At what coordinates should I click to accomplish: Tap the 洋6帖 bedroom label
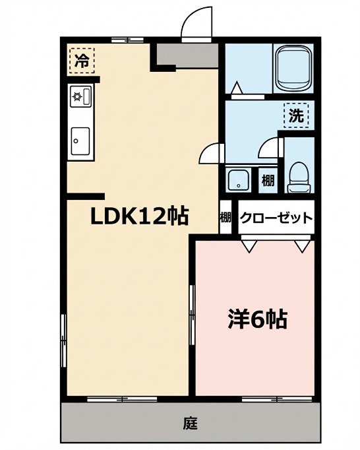tap(257, 319)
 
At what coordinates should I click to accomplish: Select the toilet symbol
tap(298, 176)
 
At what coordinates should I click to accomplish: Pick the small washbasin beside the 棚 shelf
tap(237, 179)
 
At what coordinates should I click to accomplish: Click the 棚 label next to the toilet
tap(267, 179)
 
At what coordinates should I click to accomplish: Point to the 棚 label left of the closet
tap(225, 217)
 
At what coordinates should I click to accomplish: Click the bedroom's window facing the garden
tap(267, 399)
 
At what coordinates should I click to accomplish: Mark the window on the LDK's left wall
tap(64, 340)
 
